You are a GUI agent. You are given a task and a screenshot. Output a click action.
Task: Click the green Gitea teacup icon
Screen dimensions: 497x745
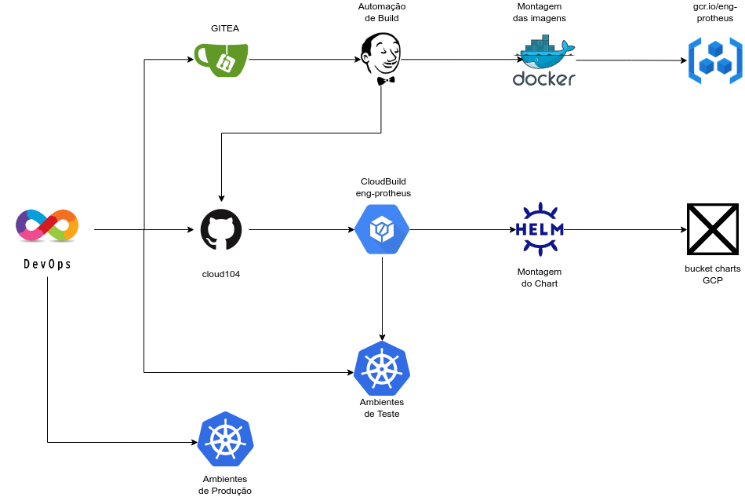pos(222,60)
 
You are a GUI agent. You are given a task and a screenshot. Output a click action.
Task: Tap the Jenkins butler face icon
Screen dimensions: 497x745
pos(381,58)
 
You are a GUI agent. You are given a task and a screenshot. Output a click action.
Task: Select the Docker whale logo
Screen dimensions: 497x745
pos(544,63)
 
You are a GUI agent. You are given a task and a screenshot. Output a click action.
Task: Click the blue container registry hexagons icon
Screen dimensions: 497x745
pos(714,60)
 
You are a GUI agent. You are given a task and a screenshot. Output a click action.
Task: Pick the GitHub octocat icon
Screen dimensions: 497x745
pos(221,230)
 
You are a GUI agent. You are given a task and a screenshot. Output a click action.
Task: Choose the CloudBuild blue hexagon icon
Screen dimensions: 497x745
pos(382,230)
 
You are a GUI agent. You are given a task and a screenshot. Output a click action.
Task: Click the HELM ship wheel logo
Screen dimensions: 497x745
pos(538,229)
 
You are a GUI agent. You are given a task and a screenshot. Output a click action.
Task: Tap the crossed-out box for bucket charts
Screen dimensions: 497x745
pos(712,230)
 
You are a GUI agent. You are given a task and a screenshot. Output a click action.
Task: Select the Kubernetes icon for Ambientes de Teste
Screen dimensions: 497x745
pos(382,369)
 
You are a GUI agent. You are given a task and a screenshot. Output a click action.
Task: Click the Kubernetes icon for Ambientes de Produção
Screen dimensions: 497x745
pos(226,439)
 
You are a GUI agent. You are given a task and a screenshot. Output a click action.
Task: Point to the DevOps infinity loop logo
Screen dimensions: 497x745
pos(47,225)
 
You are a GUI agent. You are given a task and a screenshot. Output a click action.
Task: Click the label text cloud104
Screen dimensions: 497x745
pos(221,274)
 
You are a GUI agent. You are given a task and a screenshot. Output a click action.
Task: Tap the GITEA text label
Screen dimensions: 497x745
pos(225,28)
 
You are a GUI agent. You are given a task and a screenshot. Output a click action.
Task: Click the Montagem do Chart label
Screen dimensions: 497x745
pos(540,277)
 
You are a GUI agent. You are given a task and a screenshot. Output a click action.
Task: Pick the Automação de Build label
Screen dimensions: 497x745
pos(380,13)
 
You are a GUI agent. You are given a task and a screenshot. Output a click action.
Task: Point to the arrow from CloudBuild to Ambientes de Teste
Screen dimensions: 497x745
pos(382,298)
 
